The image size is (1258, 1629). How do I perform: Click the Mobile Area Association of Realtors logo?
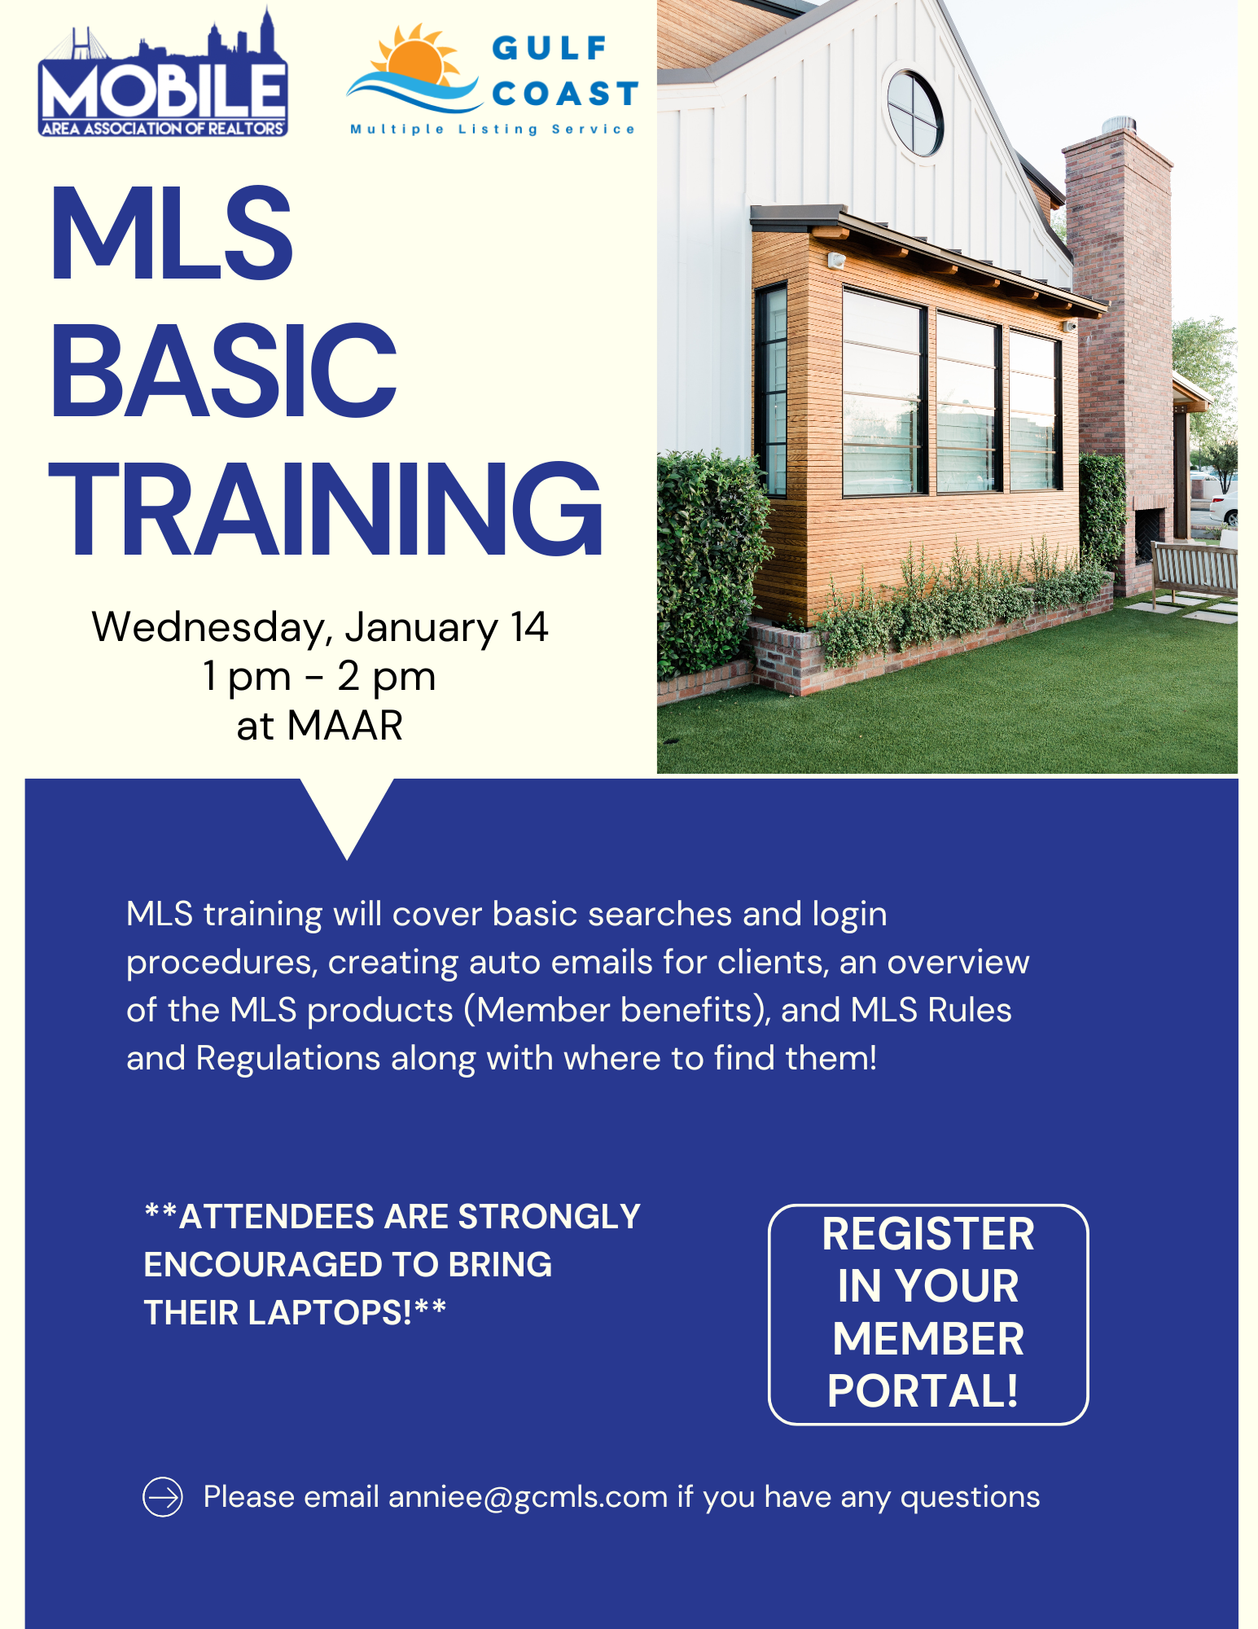pyautogui.click(x=163, y=73)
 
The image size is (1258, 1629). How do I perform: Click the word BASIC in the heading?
pyautogui.click(x=223, y=371)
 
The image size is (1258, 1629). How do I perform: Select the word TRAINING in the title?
pyautogui.click(x=326, y=508)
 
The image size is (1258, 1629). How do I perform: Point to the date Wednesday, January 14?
pyautogui.click(x=320, y=627)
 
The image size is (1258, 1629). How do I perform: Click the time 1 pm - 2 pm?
pyautogui.click(x=319, y=676)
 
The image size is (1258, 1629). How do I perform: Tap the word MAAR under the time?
pyautogui.click(x=345, y=725)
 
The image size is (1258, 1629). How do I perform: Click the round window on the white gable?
pyautogui.click(x=915, y=112)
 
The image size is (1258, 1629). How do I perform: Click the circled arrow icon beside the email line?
pyautogui.click(x=163, y=1497)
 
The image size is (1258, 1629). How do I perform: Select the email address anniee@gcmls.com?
pyautogui.click(x=528, y=1497)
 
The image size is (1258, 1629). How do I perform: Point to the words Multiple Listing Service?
pyautogui.click(x=492, y=130)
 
